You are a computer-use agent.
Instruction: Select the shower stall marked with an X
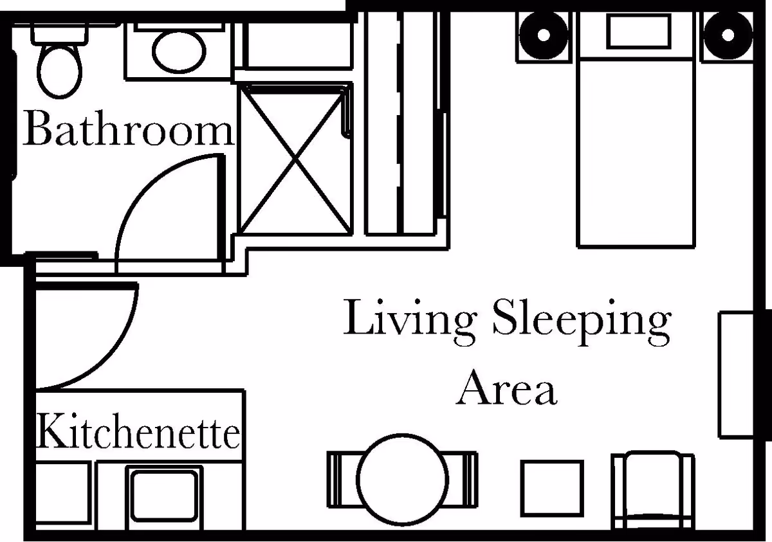(x=295, y=159)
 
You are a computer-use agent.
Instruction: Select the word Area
(x=506, y=387)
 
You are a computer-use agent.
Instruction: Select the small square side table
(x=551, y=486)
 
